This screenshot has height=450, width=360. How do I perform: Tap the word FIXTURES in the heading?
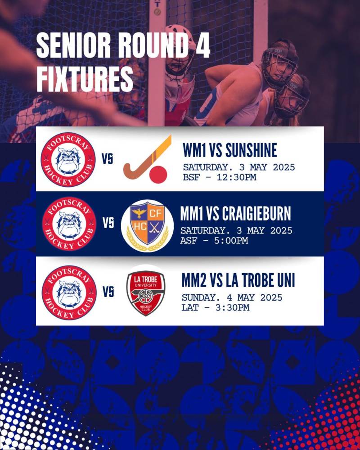[x=85, y=78]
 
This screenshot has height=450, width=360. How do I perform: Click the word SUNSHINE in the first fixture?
[x=251, y=150]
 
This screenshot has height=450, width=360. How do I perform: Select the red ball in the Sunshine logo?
[x=158, y=175]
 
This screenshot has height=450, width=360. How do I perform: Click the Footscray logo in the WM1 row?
[x=68, y=160]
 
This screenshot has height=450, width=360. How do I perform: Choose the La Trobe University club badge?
[x=146, y=293]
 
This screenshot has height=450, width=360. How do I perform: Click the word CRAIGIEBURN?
[x=256, y=214]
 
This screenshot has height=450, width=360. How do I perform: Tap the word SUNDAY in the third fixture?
[x=198, y=297]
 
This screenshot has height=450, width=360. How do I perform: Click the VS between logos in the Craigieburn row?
[x=108, y=223]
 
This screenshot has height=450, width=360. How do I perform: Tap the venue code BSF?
[x=191, y=177]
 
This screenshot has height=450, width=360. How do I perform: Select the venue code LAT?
[x=190, y=308]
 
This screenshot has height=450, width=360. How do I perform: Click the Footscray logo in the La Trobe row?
[x=69, y=293]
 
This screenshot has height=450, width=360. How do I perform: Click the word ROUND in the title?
[x=153, y=45]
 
